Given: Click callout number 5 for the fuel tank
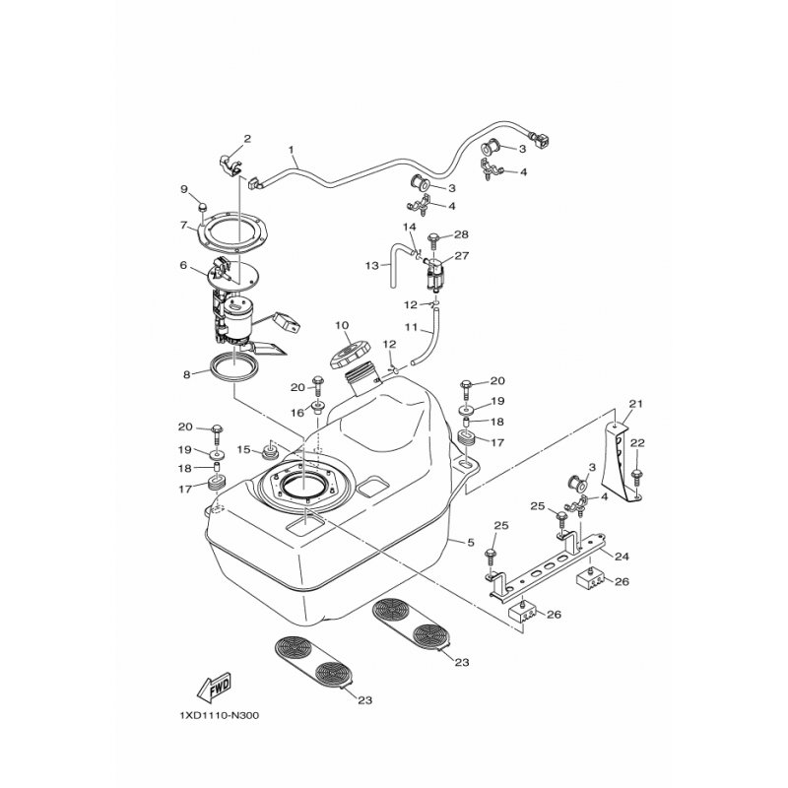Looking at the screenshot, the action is click(x=471, y=543).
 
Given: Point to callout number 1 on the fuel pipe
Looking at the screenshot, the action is click(x=291, y=150).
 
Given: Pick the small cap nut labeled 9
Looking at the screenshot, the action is click(x=203, y=207).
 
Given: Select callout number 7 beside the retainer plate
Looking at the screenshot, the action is click(x=183, y=225).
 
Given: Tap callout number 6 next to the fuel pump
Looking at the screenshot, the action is click(x=183, y=265).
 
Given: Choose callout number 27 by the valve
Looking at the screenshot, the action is click(x=462, y=255).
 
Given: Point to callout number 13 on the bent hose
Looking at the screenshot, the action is click(x=372, y=265).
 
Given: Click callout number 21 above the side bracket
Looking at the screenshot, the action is click(x=636, y=404).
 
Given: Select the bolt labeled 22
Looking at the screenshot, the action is click(x=637, y=478).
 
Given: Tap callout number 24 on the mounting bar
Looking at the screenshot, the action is click(x=622, y=557).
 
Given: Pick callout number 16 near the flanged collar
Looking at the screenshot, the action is click(x=298, y=413).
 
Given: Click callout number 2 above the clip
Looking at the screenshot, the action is click(x=247, y=138).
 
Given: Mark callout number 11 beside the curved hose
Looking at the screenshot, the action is click(x=412, y=327).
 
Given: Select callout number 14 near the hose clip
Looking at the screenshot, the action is click(x=410, y=227).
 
